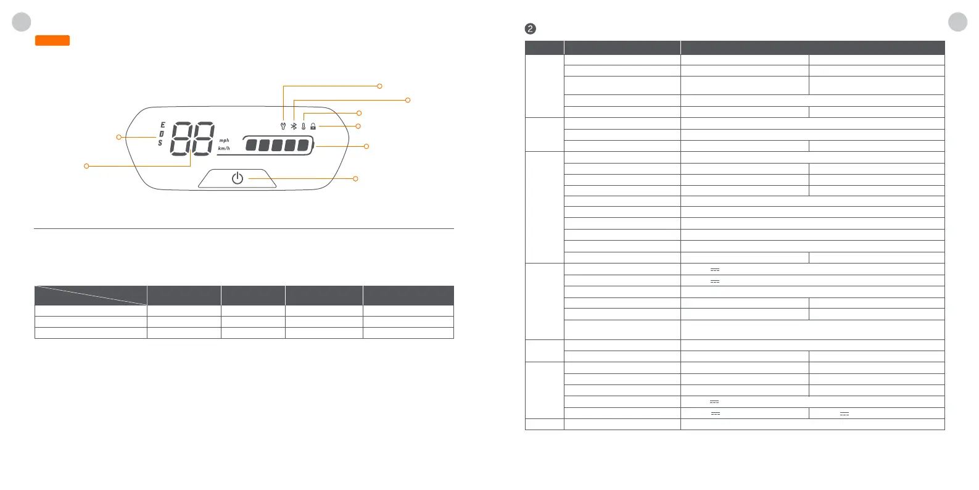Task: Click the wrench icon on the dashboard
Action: (x=283, y=127)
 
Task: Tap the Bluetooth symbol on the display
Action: (x=294, y=127)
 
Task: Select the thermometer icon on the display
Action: (x=304, y=127)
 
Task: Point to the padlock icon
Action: (x=313, y=127)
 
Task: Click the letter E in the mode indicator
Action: (x=163, y=125)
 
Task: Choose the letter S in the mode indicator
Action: (x=160, y=143)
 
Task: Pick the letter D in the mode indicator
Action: (x=162, y=134)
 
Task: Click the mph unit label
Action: (x=224, y=141)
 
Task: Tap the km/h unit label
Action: (x=224, y=149)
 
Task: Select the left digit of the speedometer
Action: (x=181, y=138)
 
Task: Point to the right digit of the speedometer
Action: (x=202, y=138)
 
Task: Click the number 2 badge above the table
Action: (x=530, y=29)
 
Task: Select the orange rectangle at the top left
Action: (x=52, y=41)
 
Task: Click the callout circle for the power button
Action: (x=355, y=179)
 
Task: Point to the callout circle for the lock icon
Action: (x=358, y=127)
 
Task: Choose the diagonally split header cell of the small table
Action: (x=91, y=296)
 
